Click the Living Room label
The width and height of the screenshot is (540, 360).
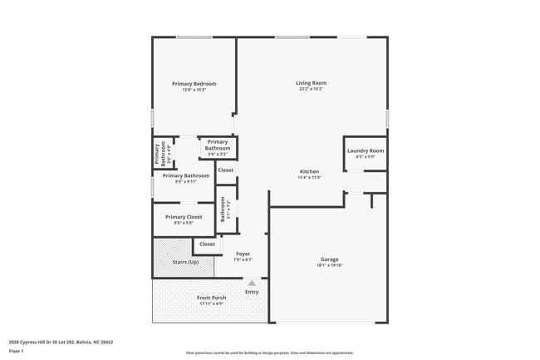[x=312, y=82]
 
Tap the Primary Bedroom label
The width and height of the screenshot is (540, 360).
[x=194, y=84]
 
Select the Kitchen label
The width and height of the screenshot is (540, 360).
[x=310, y=170]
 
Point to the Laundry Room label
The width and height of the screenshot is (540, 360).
[x=366, y=150]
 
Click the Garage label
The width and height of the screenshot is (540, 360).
[x=330, y=259]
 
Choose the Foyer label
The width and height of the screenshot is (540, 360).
[x=243, y=254]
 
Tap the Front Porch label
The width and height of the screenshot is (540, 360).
[x=211, y=298]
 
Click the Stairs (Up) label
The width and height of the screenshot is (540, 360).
[x=185, y=262]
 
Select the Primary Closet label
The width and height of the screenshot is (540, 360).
[x=183, y=217]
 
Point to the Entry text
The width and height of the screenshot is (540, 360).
[x=252, y=292]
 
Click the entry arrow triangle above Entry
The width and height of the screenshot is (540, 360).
[x=251, y=283]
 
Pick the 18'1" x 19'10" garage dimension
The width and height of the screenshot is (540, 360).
[x=330, y=265]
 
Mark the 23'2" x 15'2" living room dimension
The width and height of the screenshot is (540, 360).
[x=312, y=88]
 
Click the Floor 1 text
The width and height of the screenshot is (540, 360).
[x=17, y=352]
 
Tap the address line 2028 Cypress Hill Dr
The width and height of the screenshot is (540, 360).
[x=61, y=342]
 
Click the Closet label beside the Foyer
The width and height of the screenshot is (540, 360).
[x=208, y=244]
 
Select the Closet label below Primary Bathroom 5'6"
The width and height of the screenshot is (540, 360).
[x=226, y=170]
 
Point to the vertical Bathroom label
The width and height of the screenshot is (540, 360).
[x=223, y=209]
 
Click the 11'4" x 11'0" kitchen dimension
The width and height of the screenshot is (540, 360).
[x=310, y=177]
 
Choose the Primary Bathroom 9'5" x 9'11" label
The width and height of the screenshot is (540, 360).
[x=185, y=175]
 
